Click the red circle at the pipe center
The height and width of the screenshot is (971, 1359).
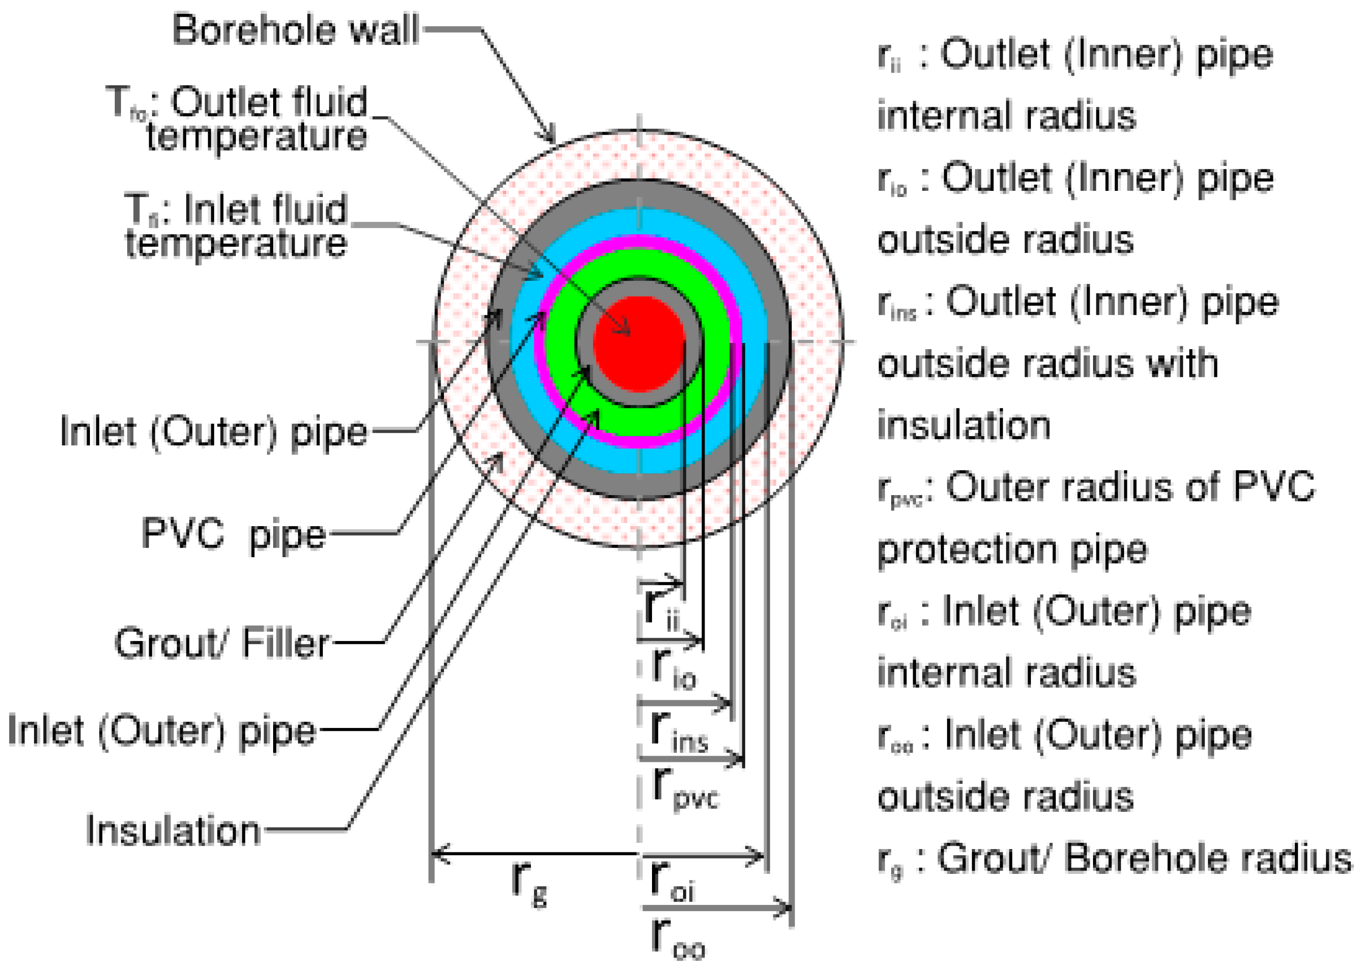click(639, 343)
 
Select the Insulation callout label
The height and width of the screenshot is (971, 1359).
click(173, 830)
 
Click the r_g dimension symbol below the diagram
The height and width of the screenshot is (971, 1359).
click(530, 882)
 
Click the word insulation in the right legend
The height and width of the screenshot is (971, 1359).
click(964, 425)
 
